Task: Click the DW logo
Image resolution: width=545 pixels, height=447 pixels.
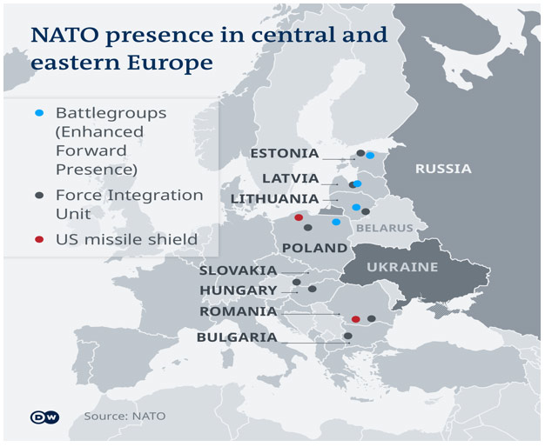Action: [45, 417]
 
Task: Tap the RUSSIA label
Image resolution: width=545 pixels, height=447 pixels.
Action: [443, 169]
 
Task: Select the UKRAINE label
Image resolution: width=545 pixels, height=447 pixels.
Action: [402, 267]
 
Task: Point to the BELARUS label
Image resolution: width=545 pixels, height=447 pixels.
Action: [385, 228]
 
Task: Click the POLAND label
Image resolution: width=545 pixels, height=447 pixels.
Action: [314, 248]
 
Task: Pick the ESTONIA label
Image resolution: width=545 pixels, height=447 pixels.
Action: [285, 153]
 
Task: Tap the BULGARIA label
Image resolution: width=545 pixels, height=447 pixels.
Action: [237, 337]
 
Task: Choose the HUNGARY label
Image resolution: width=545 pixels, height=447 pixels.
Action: [239, 290]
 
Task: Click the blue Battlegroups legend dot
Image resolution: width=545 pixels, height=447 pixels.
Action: [39, 113]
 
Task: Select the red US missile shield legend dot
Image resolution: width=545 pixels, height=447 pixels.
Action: [39, 239]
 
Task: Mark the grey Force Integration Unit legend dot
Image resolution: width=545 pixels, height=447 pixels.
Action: [39, 195]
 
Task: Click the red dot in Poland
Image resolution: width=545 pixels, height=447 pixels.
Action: [299, 217]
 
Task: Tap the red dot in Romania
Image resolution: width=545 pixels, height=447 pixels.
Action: [355, 319]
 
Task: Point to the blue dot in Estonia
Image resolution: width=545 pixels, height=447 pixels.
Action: [370, 156]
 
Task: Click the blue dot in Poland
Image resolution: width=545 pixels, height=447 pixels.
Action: [336, 222]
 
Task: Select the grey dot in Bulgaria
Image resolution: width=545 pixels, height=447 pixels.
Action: [348, 336]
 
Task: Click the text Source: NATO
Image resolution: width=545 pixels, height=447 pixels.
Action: [124, 416]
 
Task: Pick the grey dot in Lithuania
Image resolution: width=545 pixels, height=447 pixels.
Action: [366, 211]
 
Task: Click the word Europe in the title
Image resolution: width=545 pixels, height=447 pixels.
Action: [170, 63]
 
